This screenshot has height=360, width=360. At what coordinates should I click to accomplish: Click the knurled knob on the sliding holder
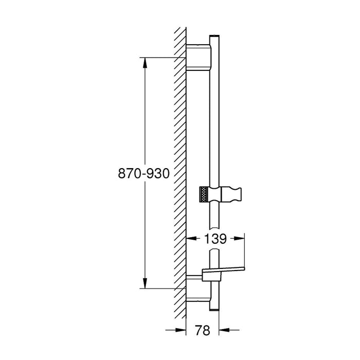[x=206, y=195]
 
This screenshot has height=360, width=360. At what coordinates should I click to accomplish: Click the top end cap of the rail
[x=214, y=35]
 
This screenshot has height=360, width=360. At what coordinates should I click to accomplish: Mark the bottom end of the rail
[x=214, y=311]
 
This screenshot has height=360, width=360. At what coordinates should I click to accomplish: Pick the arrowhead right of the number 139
[x=240, y=239]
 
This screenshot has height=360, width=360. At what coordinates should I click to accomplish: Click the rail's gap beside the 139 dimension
[x=214, y=239]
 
